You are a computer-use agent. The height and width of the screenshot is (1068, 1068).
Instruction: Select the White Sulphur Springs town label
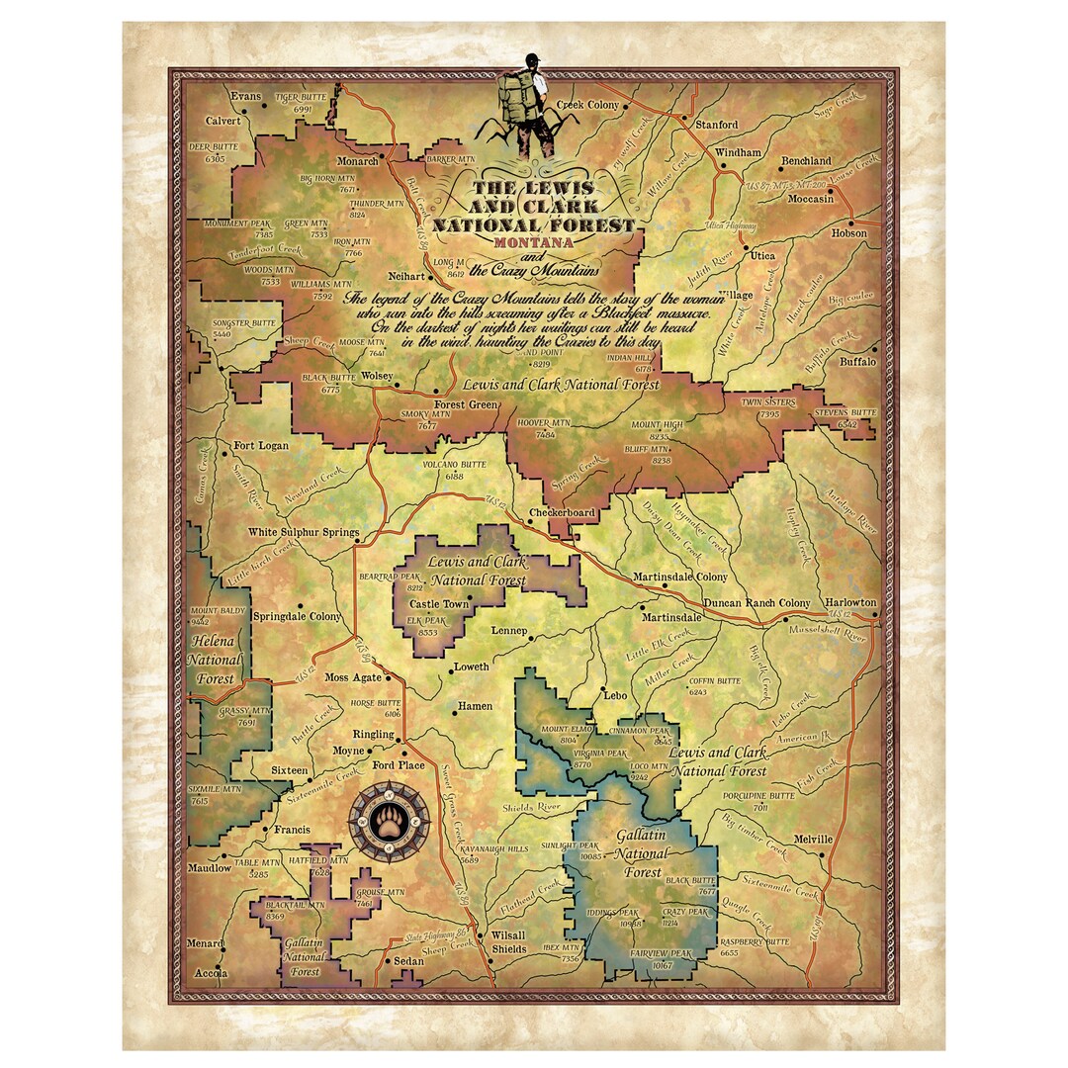pyautogui.click(x=303, y=532)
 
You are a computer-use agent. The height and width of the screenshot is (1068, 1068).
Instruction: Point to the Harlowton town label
pyautogui.click(x=850, y=602)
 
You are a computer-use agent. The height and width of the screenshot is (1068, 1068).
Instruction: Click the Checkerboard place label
pyautogui.click(x=562, y=513)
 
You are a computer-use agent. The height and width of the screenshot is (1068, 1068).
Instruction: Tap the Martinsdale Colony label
pyautogui.click(x=679, y=577)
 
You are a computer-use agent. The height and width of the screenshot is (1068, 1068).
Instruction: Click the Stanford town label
pyautogui.click(x=716, y=125)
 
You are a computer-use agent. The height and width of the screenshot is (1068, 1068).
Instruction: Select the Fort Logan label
pyautogui.click(x=261, y=446)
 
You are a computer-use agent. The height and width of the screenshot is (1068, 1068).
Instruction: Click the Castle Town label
pyautogui.click(x=440, y=602)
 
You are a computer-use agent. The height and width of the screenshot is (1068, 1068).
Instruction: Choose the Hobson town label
pyautogui.click(x=848, y=233)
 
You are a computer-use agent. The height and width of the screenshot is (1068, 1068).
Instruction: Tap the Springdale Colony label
pyautogui.click(x=298, y=616)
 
